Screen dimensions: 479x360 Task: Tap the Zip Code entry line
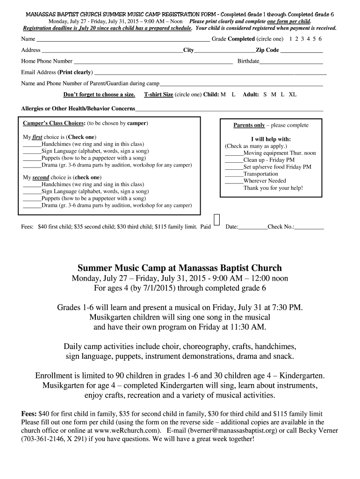302,51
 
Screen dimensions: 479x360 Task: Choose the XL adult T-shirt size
293,94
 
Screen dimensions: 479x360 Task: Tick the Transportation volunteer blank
234,174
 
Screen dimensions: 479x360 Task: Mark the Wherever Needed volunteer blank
234,181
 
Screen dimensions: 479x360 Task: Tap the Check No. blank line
309,228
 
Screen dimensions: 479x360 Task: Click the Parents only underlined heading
249,125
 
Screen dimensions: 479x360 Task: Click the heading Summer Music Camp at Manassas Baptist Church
180,268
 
